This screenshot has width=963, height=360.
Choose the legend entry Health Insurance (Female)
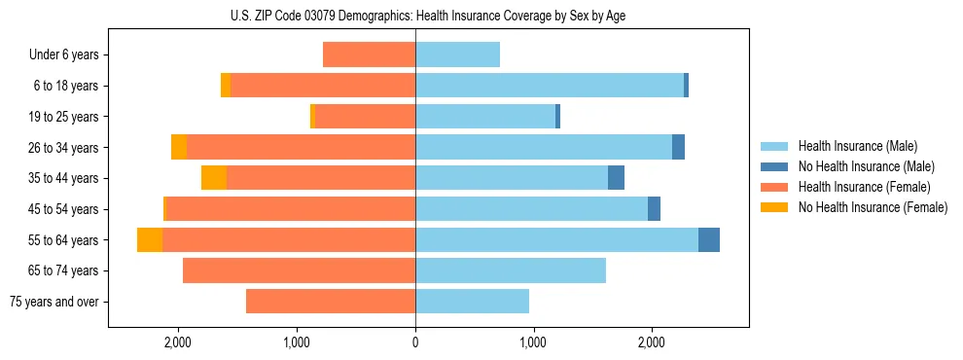pos(857,187)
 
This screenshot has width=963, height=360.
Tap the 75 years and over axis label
pos(53,302)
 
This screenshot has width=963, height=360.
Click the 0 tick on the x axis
pos(415,342)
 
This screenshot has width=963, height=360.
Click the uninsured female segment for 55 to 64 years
pos(150,239)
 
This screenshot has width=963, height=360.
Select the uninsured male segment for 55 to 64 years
pos(709,239)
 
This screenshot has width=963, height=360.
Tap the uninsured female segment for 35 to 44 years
pos(214,178)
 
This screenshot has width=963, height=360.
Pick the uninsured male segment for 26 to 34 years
pos(678,147)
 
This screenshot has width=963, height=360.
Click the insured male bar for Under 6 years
pos(457,55)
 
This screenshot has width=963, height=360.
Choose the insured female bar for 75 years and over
pos(331,302)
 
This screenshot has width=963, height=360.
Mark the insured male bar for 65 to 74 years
pos(511,270)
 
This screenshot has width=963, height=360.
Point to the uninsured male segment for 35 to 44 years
pos(616,178)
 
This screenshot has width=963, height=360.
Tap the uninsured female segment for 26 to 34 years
pos(179,147)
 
